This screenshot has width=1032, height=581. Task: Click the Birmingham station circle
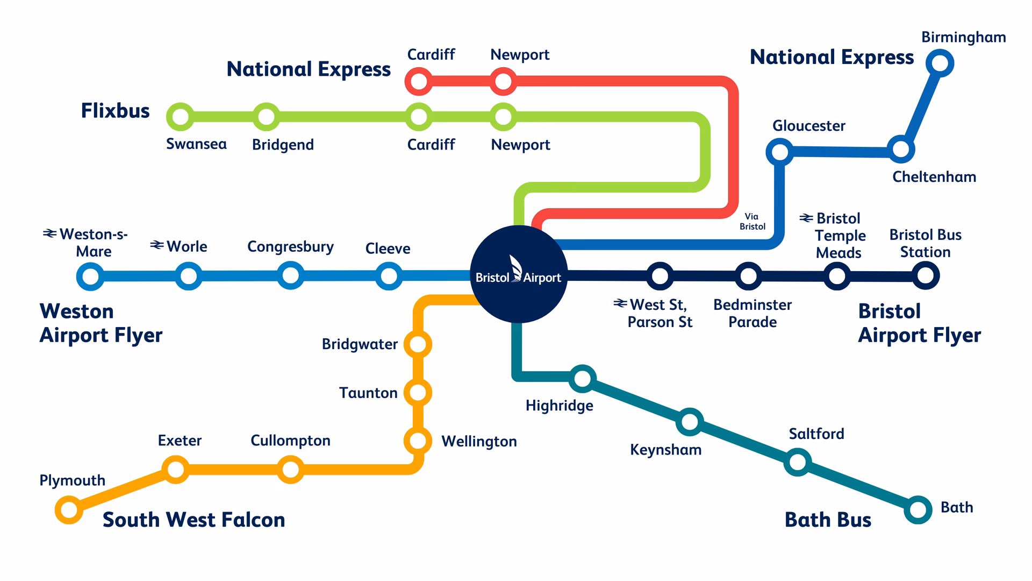coord(940,63)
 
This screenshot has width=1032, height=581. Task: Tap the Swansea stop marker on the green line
coord(181,117)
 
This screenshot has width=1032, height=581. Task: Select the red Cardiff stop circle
coord(418,82)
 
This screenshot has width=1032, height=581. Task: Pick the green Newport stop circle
coord(503,117)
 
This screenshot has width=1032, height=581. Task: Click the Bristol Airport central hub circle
coord(518,274)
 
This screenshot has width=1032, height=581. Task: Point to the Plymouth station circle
coord(69,509)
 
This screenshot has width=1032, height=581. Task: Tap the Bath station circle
coord(918,509)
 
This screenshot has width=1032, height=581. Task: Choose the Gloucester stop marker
coord(779,152)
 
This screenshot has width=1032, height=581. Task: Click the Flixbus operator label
coord(115,111)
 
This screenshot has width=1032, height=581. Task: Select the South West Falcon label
coord(193,520)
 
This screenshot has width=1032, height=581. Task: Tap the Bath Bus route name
coord(828,520)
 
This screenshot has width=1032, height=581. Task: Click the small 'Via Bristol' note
coord(752,222)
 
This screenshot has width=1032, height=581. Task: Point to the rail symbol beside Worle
coord(156,245)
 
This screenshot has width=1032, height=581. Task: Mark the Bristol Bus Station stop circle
coord(925,275)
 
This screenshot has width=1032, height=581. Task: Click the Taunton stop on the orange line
coord(418,392)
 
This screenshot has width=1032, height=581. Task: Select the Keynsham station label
coord(665,450)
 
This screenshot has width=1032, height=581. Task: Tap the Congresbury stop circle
coord(290,275)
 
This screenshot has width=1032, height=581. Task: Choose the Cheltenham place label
coord(934,177)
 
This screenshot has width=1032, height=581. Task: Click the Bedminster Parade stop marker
coord(748,276)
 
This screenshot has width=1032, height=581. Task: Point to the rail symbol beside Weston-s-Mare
coord(50,233)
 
